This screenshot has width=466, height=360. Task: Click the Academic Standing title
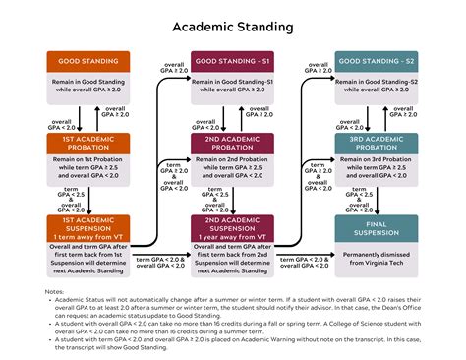[x=232, y=26]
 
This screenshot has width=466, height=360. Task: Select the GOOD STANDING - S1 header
[x=232, y=61]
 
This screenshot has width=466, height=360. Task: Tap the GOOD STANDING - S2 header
[x=377, y=61]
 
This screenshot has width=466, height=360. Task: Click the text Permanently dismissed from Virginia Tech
[x=377, y=260]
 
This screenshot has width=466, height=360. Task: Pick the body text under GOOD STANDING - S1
[x=232, y=85]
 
